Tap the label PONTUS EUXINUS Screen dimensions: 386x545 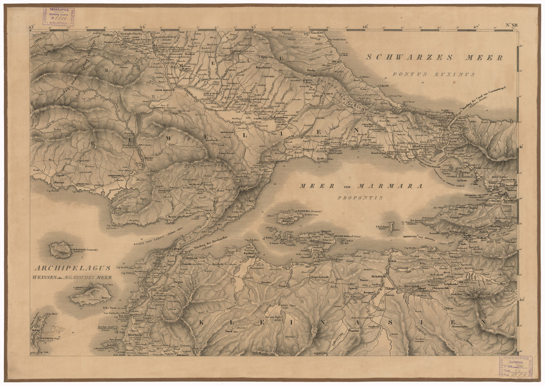(x=434, y=74)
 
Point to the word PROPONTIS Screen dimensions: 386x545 (x=361, y=197)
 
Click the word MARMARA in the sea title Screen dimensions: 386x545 (x=389, y=187)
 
